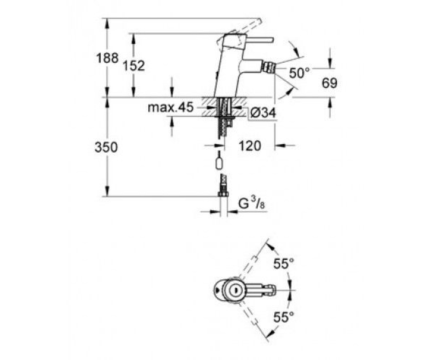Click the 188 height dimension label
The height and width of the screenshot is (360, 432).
[107, 58]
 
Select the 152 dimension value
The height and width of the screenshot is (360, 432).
[134, 66]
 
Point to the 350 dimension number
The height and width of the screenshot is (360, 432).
[106, 147]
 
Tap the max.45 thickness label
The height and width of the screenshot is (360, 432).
[171, 107]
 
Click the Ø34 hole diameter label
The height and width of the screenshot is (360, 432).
[263, 113]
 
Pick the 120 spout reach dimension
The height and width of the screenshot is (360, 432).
[250, 146]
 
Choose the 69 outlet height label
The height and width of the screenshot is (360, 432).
[329, 83]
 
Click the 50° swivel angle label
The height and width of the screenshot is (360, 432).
[299, 73]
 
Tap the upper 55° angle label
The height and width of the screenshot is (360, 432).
[284, 264]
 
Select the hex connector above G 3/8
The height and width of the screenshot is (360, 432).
[223, 194]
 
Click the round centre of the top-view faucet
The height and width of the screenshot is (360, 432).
[235, 290]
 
